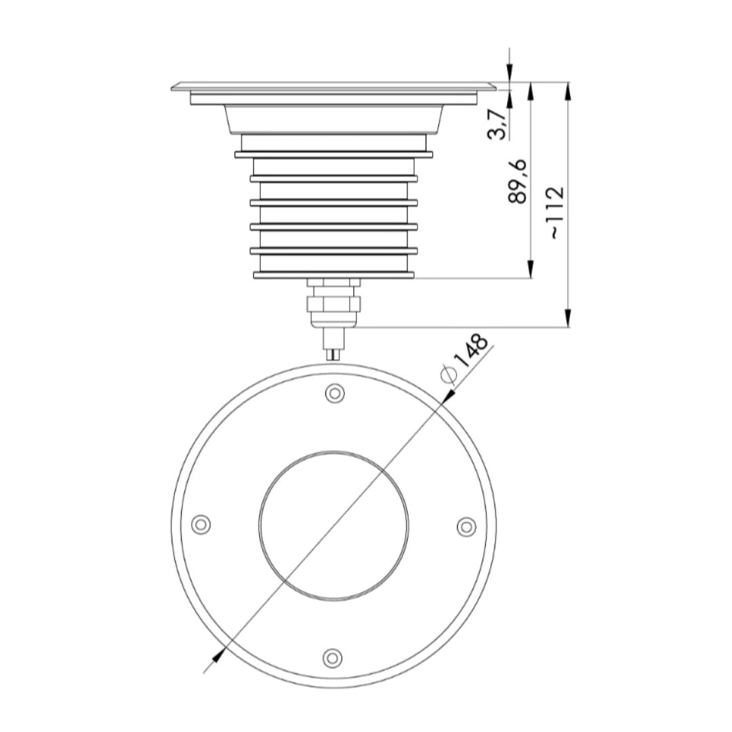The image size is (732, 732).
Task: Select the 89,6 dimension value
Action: (518, 181)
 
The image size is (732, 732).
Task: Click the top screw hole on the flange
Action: (334, 392)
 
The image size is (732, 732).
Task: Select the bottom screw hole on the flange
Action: (331, 657)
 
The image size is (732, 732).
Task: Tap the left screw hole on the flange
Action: (201, 524)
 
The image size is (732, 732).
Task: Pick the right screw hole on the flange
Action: (466, 526)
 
